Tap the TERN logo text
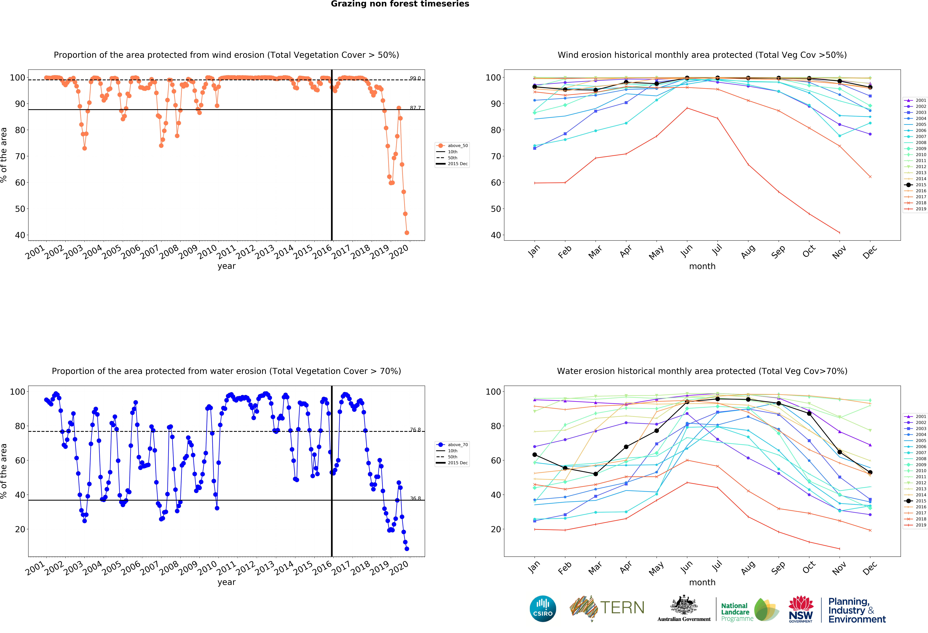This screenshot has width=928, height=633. [622, 608]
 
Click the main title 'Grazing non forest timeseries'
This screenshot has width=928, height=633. [400, 4]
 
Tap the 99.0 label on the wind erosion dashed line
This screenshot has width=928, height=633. [415, 78]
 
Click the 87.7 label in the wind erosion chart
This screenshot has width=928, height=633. [415, 108]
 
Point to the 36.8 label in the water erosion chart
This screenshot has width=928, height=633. [415, 498]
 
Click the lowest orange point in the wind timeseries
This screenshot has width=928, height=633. [407, 233]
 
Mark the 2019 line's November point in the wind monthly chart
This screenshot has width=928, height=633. [839, 233]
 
